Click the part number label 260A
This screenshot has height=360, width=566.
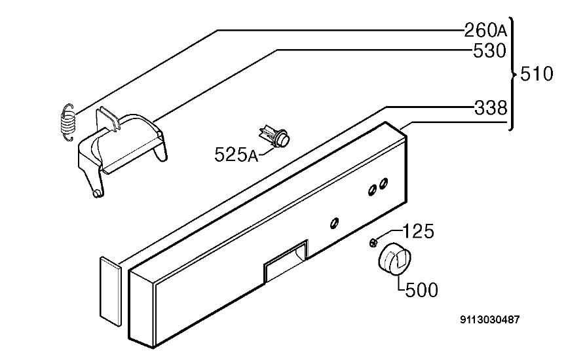point(485,30)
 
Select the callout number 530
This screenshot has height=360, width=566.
point(489,51)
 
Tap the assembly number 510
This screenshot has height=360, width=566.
point(537,74)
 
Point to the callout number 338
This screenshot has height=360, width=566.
point(491,107)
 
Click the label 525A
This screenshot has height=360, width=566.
point(236,154)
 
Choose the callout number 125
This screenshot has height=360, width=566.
point(418,231)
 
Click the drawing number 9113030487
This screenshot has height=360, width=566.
point(490,319)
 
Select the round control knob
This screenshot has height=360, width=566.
point(395,260)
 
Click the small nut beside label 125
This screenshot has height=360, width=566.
point(373,242)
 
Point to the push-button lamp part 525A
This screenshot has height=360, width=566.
point(275,135)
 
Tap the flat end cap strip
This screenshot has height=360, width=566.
point(110,291)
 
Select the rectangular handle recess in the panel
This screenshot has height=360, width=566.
point(286,261)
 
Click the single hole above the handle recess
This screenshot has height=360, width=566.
point(334,223)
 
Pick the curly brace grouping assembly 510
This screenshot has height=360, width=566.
point(512,74)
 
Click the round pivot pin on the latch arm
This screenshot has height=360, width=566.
point(97,194)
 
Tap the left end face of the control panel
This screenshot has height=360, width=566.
point(142,308)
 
